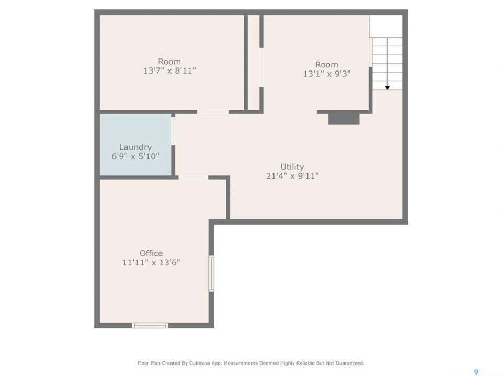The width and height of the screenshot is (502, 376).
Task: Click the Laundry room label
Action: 135,147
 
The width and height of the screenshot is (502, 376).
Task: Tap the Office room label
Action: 151,253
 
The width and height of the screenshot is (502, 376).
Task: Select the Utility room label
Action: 292,167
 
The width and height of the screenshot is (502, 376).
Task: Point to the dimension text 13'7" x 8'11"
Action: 169,70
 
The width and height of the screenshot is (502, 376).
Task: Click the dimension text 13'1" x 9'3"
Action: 327,74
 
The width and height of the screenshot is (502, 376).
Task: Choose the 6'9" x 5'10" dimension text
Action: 135,156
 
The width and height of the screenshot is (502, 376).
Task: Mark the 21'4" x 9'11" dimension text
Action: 292,176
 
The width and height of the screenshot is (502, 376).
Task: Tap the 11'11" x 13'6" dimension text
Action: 151,263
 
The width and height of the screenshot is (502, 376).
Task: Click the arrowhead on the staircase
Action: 387,88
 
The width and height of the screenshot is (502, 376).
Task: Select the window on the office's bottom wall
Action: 150,325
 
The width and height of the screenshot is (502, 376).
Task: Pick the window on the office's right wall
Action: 211,273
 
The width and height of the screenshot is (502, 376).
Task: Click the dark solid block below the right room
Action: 344,119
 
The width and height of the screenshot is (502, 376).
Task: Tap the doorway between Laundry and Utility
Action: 173,132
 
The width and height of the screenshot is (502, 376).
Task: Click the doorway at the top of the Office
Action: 193,177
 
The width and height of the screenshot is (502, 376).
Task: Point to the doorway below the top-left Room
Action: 213,112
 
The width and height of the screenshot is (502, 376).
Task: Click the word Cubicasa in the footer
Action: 198,363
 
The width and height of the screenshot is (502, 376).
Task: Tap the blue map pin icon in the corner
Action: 476,372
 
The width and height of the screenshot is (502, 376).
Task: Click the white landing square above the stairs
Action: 386,26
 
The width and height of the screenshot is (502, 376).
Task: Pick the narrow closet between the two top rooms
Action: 254,63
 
